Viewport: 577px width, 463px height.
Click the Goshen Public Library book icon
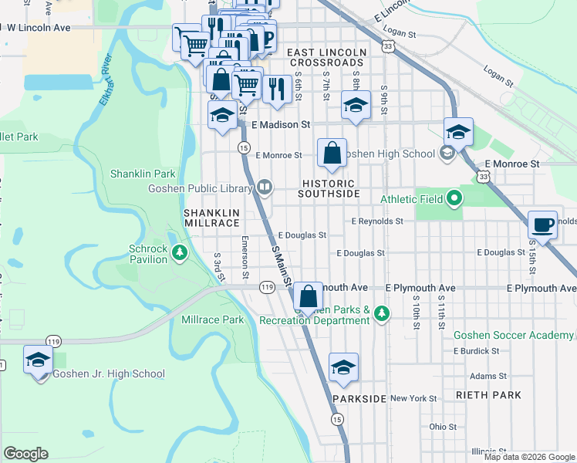click(265, 186)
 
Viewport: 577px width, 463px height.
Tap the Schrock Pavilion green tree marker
click(179, 252)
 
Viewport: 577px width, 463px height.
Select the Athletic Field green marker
click(454, 199)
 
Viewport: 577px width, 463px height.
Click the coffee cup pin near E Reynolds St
click(543, 225)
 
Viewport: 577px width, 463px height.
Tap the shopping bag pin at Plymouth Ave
click(308, 296)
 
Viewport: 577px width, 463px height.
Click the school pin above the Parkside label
click(344, 367)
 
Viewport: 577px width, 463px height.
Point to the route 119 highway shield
click(267, 287)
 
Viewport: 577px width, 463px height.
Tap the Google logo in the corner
click(25, 454)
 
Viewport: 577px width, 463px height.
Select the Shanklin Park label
click(143, 174)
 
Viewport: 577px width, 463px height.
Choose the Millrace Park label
click(212, 319)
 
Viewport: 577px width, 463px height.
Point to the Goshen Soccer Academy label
click(513, 335)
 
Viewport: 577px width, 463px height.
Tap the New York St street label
click(413, 398)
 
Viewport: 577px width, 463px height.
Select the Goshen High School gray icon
click(446, 154)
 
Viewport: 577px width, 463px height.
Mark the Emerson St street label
click(245, 257)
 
